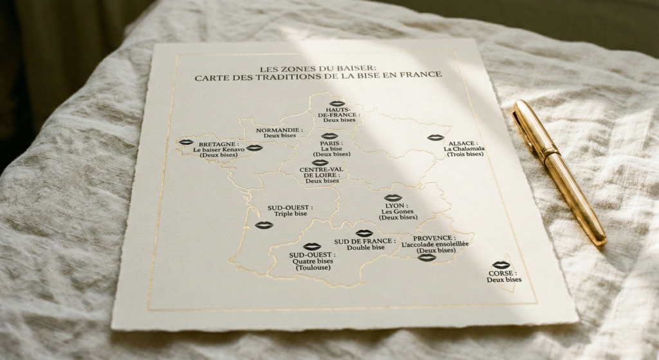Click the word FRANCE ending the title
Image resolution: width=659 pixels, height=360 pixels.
[x=422, y=75]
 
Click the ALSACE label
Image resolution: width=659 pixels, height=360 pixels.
[x=462, y=143]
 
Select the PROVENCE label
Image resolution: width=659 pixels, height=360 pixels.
[x=434, y=238]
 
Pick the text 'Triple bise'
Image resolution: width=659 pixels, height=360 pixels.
[x=290, y=214]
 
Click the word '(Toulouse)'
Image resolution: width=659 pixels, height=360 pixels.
[x=313, y=267]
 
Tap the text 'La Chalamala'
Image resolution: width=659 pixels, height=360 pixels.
[x=463, y=149]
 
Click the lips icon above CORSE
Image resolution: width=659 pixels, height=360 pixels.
[x=501, y=265]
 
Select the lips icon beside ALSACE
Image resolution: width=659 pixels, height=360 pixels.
[x=435, y=137]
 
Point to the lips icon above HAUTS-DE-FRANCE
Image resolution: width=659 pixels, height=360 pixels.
[x=337, y=103]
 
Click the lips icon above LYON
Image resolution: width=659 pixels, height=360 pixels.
[x=393, y=198]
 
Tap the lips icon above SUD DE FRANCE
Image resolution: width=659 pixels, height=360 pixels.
[x=364, y=233]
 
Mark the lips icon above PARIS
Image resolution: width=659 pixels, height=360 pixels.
[x=329, y=136]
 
